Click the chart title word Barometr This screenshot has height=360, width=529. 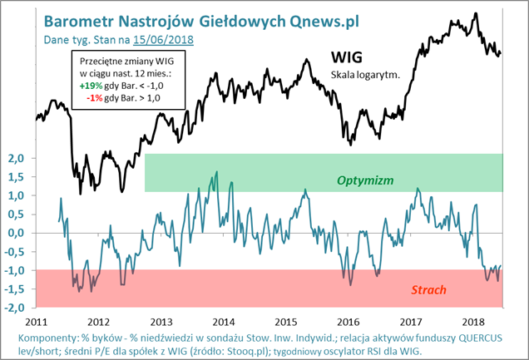(82, 19)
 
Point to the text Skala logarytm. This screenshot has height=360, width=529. (365, 75)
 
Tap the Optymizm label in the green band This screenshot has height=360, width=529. (364, 180)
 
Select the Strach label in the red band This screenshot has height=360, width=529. (428, 290)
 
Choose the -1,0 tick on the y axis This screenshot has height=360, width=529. (16, 269)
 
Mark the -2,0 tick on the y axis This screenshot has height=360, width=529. (16, 307)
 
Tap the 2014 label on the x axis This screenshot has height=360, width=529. (222, 321)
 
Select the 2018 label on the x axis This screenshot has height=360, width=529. (472, 321)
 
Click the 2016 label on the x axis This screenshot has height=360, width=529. (348, 321)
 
